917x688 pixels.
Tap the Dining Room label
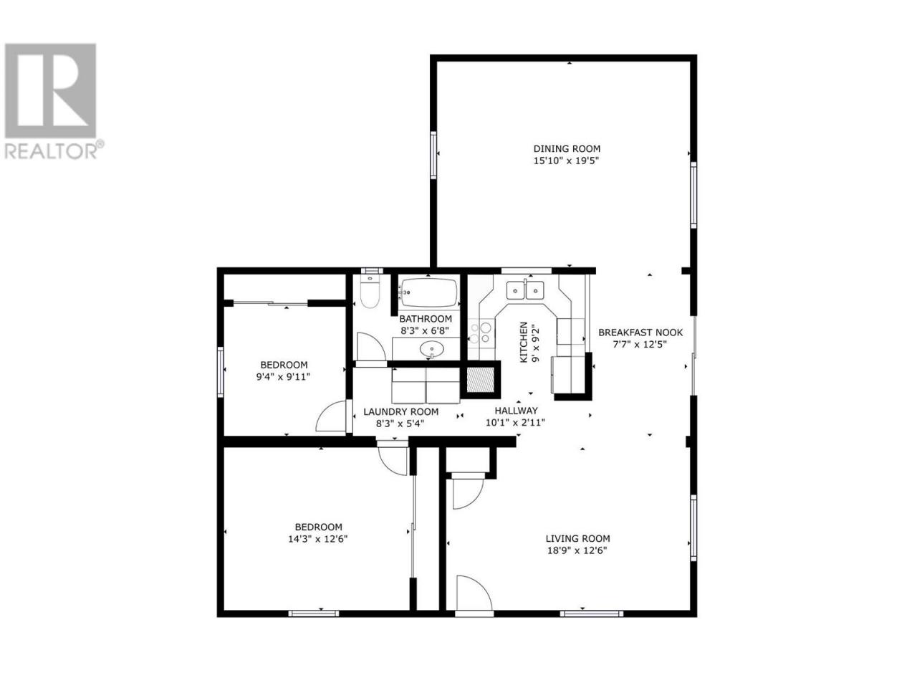567,148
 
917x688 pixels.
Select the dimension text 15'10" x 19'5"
566,161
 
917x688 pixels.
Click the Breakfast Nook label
640,333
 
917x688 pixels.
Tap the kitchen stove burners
480,333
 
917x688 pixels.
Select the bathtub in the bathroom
428,292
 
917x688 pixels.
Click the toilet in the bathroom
370,291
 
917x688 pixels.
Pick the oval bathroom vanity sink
431,348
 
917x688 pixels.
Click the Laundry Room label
400,412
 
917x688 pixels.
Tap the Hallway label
516,411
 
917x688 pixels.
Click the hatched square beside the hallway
480,380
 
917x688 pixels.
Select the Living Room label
577,538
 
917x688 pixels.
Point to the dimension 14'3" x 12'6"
317,539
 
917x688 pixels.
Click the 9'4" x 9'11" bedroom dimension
283,377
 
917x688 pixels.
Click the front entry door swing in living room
474,593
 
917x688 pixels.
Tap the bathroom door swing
371,346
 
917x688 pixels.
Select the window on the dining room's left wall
433,155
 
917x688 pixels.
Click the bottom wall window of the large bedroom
313,613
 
